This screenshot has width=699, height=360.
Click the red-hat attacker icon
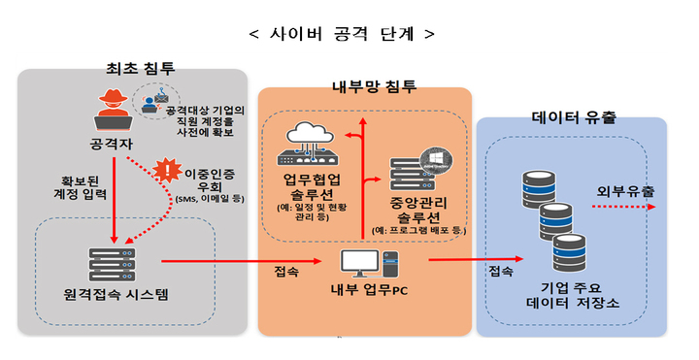[x=115, y=111]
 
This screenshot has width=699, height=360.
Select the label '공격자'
[x=115, y=147]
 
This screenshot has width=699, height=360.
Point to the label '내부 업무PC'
[x=366, y=291]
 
